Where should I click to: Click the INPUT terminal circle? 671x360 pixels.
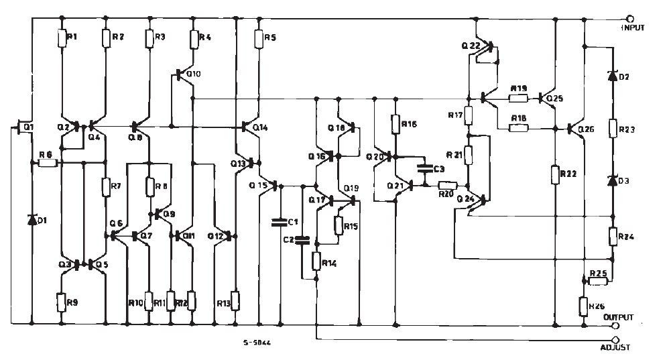coord(628,19)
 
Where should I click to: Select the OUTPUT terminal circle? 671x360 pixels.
coord(614,325)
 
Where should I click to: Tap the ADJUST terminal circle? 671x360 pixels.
coord(615,340)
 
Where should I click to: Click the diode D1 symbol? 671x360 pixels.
coord(32,219)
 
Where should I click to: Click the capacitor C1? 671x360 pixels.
coord(280,222)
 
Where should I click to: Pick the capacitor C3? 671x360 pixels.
coord(424,168)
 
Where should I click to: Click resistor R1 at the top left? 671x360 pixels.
coord(62,38)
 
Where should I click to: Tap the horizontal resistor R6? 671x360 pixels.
coord(47,162)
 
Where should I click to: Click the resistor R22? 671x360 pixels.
coord(556,174)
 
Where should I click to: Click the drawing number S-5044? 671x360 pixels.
coord(257,343)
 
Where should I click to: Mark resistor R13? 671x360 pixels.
coord(235,299)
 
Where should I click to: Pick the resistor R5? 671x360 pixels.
coord(259,38)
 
